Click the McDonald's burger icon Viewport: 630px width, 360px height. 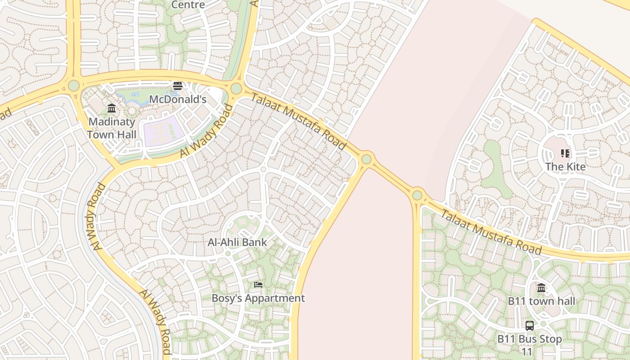click(178, 85)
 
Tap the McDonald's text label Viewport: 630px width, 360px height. click(178, 99)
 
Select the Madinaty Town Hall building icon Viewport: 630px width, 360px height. click(112, 108)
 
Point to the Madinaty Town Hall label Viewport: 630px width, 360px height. click(112, 128)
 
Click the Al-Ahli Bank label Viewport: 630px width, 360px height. click(237, 242)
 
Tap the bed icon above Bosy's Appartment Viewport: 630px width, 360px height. click(258, 284)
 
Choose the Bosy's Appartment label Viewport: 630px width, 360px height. click(258, 298)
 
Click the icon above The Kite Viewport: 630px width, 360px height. click(565, 153)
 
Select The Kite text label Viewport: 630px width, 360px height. click(566, 166)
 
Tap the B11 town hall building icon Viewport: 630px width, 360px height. click(541, 288)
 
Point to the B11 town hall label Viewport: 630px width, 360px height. click(541, 301)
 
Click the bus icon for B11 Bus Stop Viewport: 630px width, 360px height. click(530, 325)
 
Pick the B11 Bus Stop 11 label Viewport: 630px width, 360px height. click(530, 345)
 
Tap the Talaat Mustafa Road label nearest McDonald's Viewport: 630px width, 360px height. click(299, 121)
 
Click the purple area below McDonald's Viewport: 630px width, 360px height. click(163, 131)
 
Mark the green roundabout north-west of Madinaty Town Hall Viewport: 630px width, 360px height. click(74, 85)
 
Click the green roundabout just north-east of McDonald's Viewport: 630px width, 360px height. click(236, 88)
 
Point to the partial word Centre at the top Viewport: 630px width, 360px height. click(188, 4)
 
